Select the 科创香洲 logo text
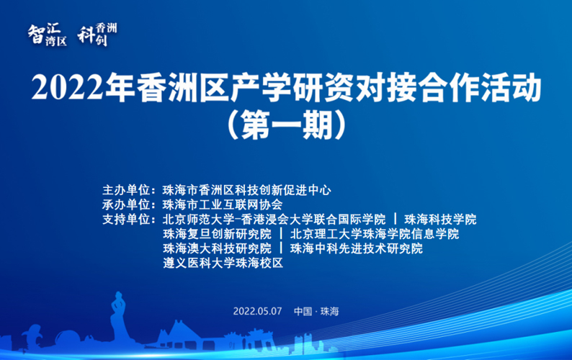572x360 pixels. pos(97,33)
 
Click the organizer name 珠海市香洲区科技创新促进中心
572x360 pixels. pos(247,191)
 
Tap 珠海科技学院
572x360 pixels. pos(440,219)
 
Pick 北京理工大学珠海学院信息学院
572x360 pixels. pos(374,234)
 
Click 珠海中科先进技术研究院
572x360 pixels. pos(356,248)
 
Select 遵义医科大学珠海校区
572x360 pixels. pos(223,264)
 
